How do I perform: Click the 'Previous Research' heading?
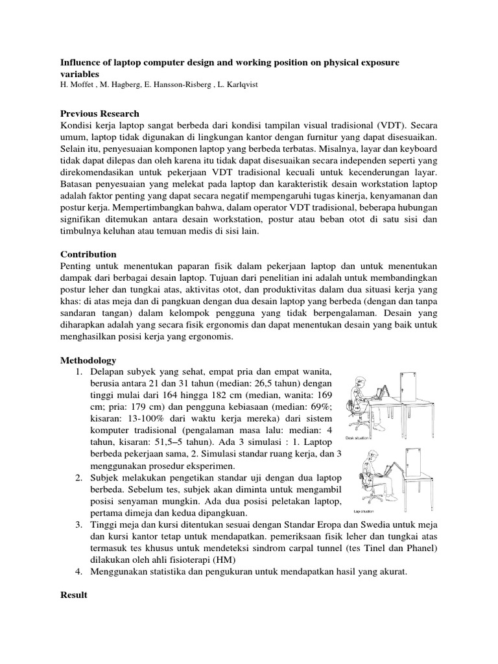click(100, 113)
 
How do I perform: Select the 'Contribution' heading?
click(88, 254)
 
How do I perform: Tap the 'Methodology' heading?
click(88, 360)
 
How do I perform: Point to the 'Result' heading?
click(73, 593)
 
